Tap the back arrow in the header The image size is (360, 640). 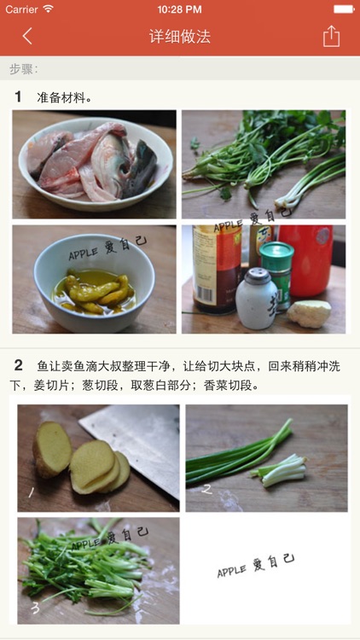(x=27, y=36)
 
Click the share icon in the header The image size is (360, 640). (x=331, y=36)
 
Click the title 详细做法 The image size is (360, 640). (x=179, y=37)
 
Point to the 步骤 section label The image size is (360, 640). (x=24, y=69)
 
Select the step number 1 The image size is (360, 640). (x=18, y=97)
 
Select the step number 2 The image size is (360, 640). (x=18, y=365)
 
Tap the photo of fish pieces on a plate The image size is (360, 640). (x=94, y=164)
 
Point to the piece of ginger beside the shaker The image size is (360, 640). (x=308, y=313)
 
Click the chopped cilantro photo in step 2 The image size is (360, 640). (x=98, y=570)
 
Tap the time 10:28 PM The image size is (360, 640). (x=179, y=9)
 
